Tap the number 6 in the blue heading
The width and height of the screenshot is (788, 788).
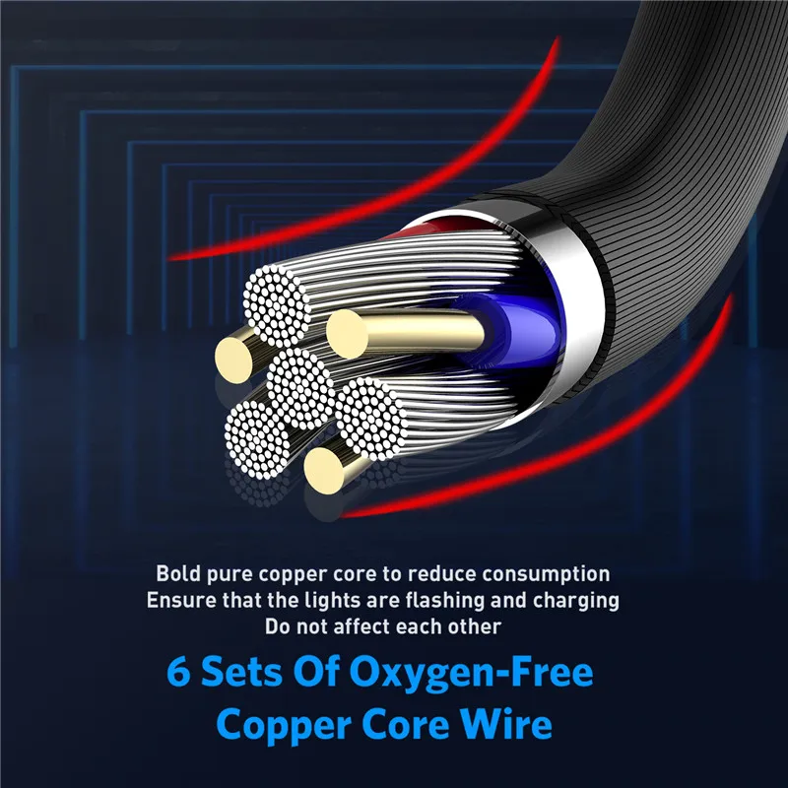(178, 672)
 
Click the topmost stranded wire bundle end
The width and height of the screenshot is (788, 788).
(277, 305)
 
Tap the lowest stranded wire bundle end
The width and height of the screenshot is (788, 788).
(257, 439)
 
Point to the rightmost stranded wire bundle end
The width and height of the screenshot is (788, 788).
(371, 419)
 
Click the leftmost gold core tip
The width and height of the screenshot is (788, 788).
(233, 360)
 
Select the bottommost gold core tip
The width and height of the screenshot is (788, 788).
(324, 471)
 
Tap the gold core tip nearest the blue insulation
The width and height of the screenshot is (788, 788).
(347, 334)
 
